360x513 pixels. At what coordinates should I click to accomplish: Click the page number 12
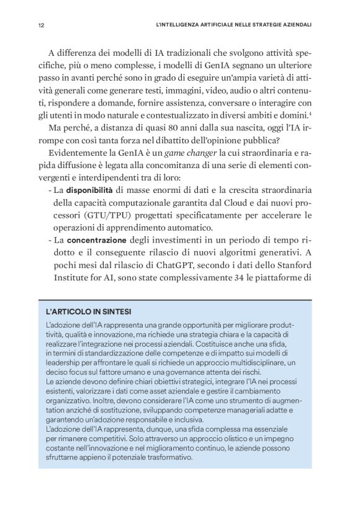tap(40, 26)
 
